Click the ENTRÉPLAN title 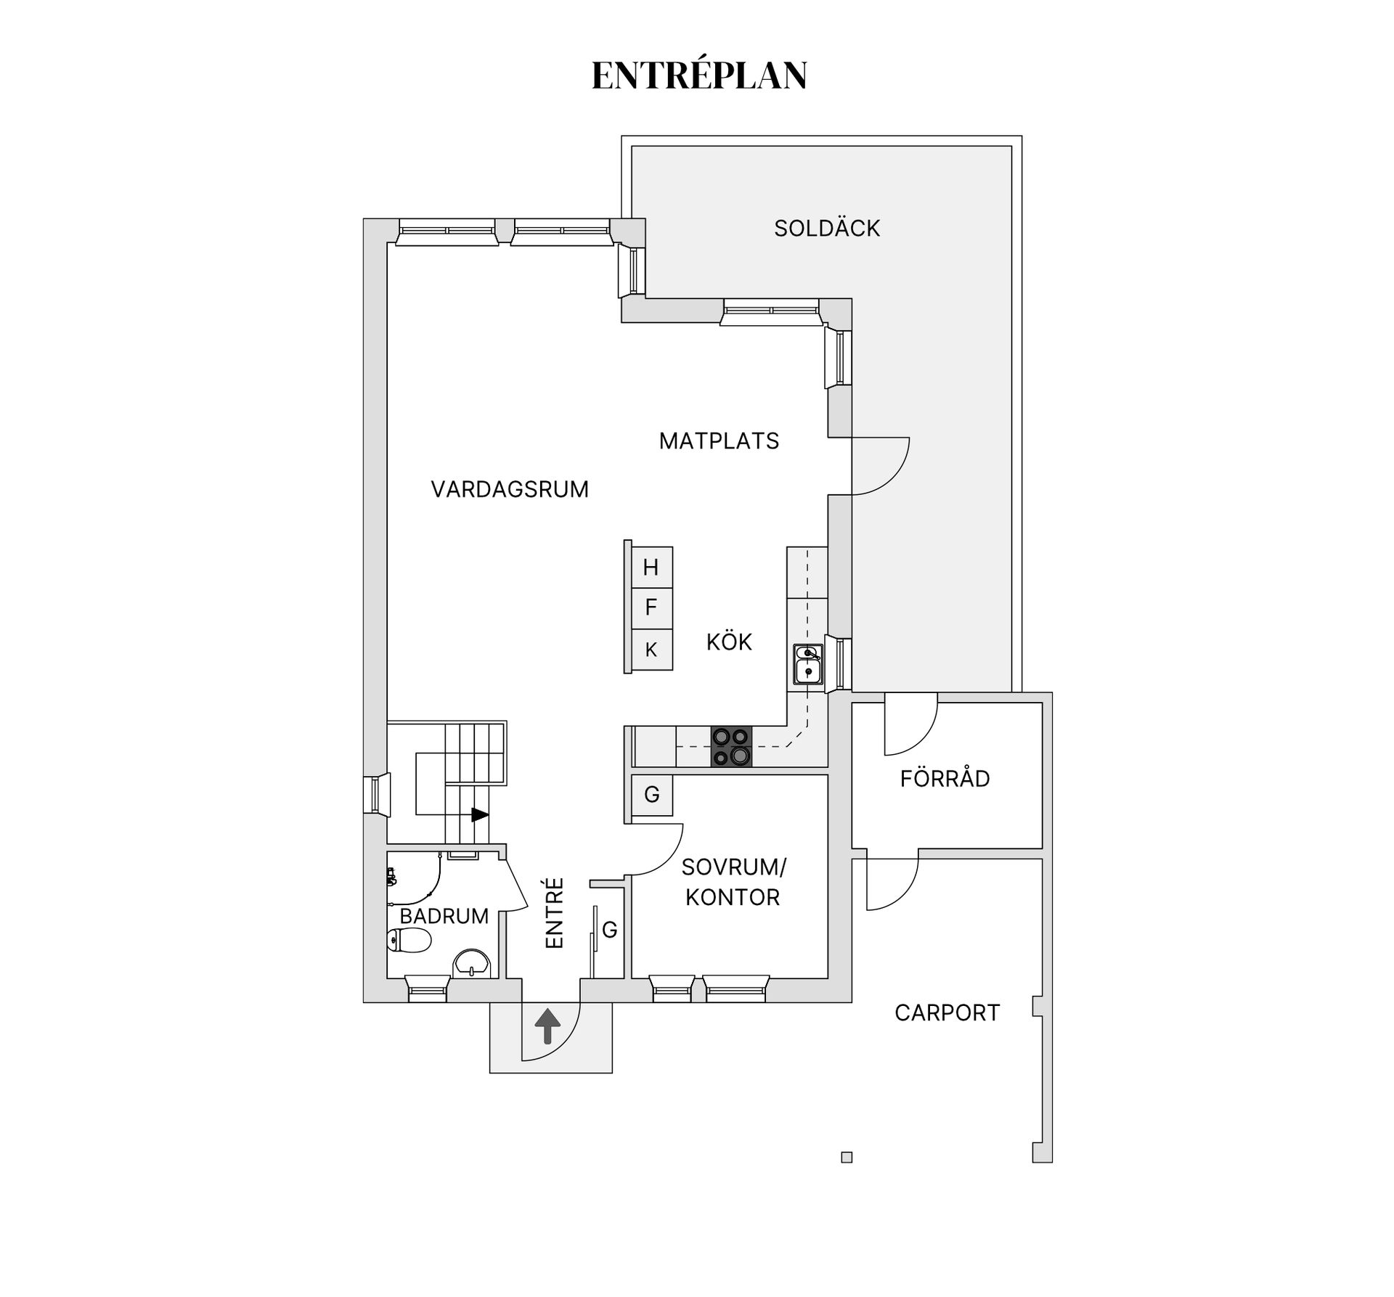pos(699,75)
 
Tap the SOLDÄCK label pos(826,229)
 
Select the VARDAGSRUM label pos(510,489)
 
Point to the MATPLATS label pos(719,441)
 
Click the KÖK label pos(729,642)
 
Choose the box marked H pos(651,568)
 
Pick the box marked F pos(651,607)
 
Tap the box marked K pos(651,650)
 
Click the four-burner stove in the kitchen pos(731,747)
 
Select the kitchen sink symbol pos(807,665)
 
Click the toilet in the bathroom pos(409,940)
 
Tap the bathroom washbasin pos(472,965)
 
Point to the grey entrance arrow pos(547,1026)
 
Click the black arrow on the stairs pos(480,815)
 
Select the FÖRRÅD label pos(945,779)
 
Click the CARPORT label pos(947,1012)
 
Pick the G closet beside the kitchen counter pos(651,795)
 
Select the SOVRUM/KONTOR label pos(733,883)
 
